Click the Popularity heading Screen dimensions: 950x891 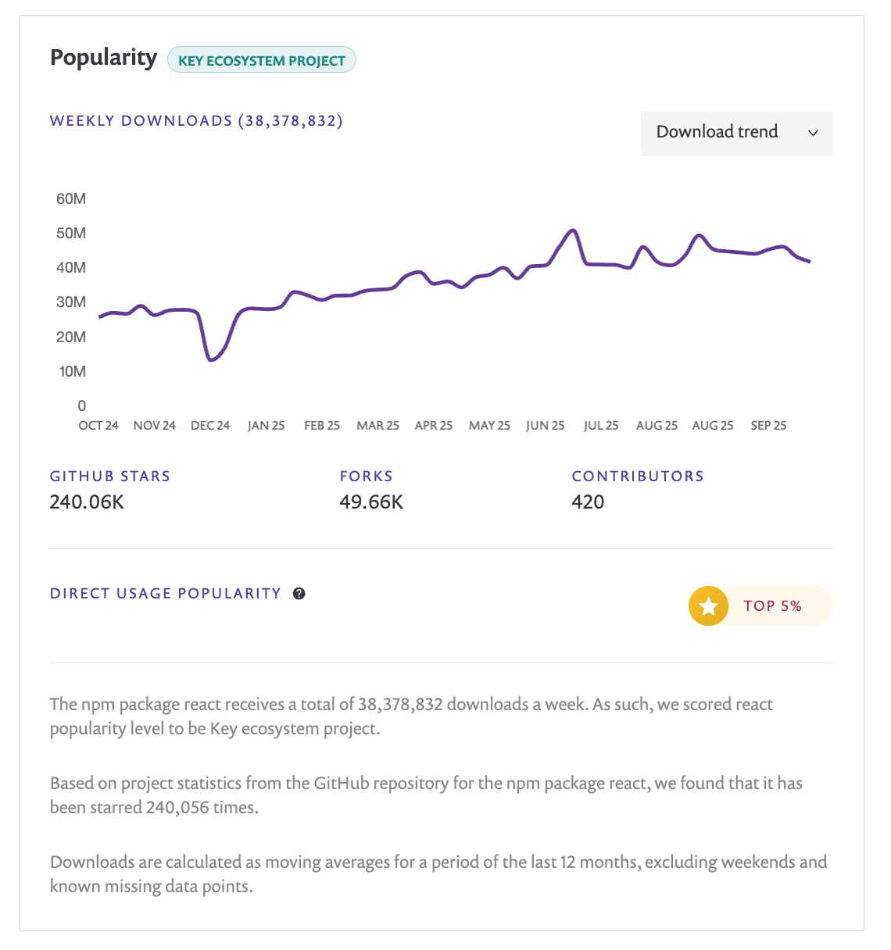[x=103, y=58]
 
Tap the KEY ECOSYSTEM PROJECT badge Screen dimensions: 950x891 [x=262, y=60]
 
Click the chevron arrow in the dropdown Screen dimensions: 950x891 [x=813, y=133]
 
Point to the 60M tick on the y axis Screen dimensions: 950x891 [x=71, y=198]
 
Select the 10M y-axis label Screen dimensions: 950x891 [x=73, y=371]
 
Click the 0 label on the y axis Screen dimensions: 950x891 [x=82, y=405]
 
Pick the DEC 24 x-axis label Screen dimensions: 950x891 [x=210, y=426]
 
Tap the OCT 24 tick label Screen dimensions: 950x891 [x=98, y=426]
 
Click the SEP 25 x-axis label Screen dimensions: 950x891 [x=768, y=426]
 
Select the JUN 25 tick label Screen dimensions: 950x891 [x=545, y=426]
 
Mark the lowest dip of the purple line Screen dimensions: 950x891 [x=211, y=359]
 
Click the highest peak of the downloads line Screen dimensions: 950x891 [x=573, y=230]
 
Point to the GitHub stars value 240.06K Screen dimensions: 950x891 [x=87, y=502]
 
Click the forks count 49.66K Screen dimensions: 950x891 [x=371, y=502]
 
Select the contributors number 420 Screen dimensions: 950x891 [x=588, y=502]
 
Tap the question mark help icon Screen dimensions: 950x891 [x=299, y=594]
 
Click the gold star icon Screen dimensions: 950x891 [x=708, y=606]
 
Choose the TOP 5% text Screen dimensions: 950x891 [x=772, y=606]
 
